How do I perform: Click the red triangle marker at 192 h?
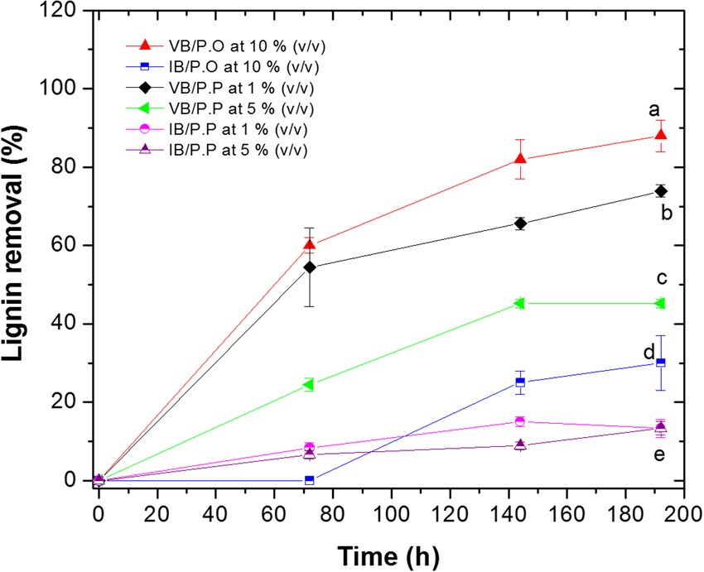660,135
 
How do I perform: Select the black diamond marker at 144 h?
520,223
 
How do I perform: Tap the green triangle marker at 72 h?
309,384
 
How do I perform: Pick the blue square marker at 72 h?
309,480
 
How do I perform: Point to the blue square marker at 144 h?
520,382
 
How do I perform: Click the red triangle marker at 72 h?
309,244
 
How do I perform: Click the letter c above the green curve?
663,277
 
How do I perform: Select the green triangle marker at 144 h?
520,303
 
